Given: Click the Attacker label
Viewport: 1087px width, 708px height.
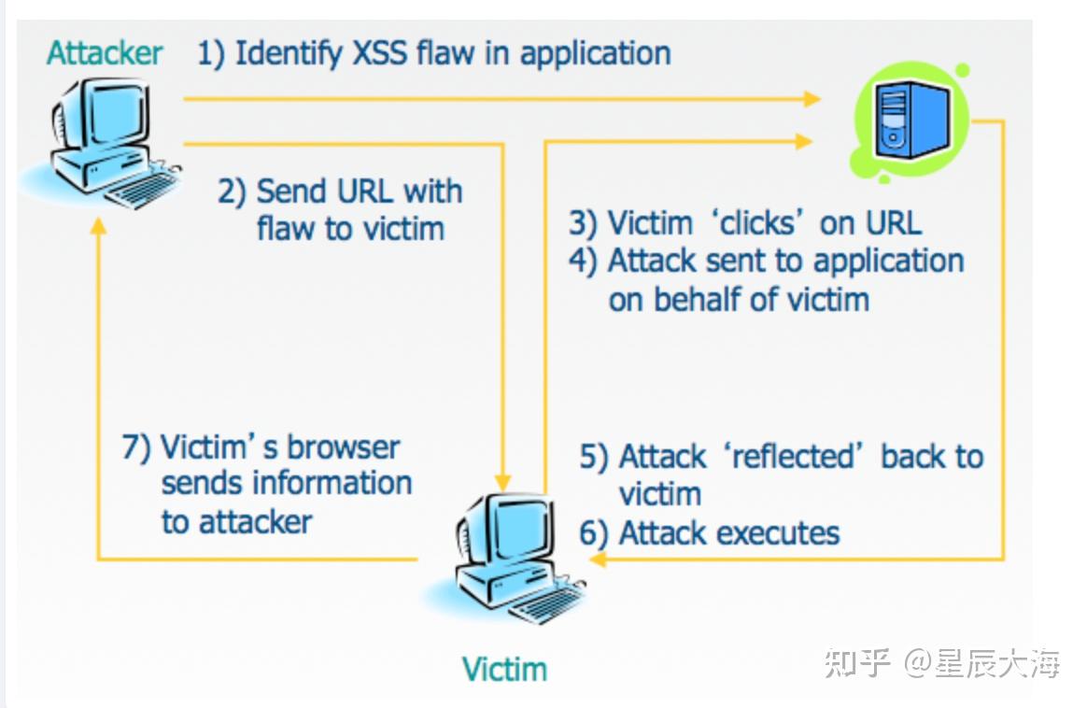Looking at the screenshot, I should (105, 53).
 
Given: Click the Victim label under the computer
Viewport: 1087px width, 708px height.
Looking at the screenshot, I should (504, 669).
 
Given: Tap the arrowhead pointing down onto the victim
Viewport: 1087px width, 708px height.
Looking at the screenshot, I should (503, 481).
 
